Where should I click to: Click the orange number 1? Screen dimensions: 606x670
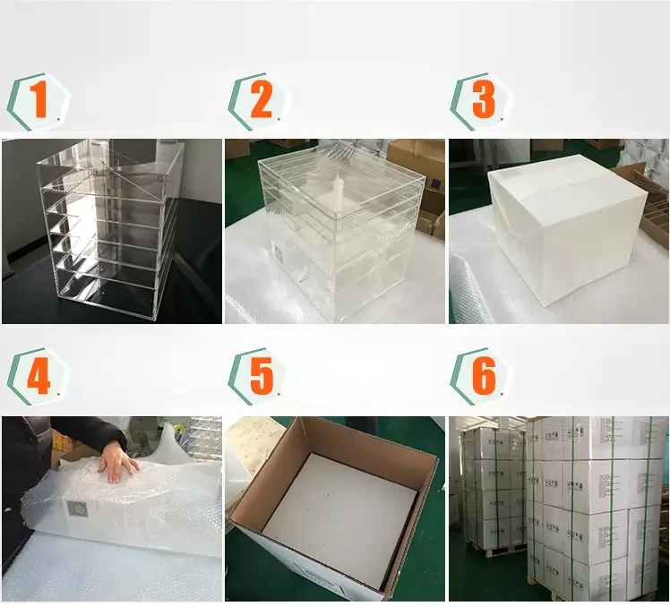(39, 100)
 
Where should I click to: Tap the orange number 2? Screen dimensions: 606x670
(260, 100)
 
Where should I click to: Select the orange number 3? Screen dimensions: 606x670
(483, 100)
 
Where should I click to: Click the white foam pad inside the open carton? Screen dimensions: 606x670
(337, 519)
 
